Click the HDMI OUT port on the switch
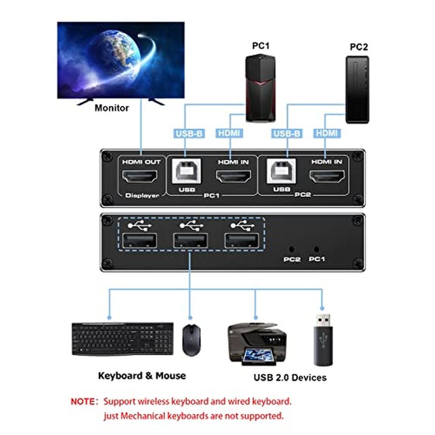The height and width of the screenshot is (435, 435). coord(141,177)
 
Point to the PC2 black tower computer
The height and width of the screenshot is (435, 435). coord(357,89)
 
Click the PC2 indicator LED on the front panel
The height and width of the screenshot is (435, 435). coord(291,249)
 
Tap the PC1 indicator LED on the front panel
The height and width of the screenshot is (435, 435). coord(317,249)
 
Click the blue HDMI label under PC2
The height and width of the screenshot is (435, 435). coord(327,134)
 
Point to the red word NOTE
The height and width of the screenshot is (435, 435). coord(84,401)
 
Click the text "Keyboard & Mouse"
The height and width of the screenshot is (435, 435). coord(142,375)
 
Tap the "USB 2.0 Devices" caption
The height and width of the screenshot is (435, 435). coord(290,377)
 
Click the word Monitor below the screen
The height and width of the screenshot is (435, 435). coord(112,107)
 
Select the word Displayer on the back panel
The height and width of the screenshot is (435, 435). coord(142,195)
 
